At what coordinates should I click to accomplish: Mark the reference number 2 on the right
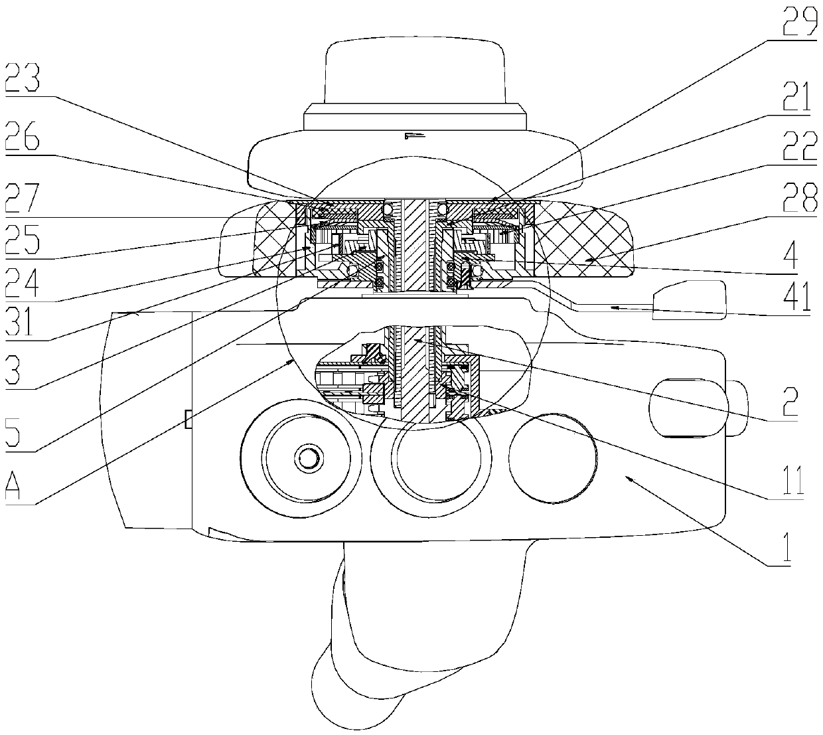click(790, 400)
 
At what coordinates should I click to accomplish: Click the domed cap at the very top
click(415, 73)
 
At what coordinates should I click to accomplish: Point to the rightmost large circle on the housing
click(555, 461)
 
